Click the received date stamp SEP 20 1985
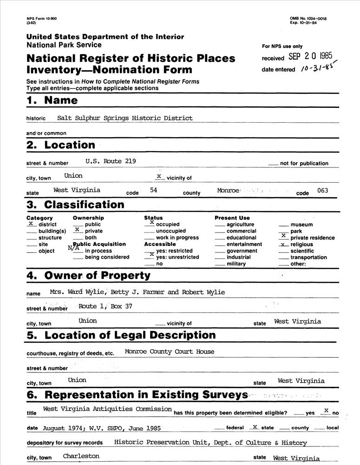(310, 57)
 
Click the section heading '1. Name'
(52, 100)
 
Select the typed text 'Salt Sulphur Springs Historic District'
(124, 118)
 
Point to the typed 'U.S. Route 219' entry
(111, 161)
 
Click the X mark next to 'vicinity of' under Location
(158, 176)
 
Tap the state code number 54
(154, 190)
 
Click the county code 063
(322, 190)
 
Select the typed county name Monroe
(228, 191)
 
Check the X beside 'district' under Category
(31, 224)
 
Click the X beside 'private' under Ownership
(78, 230)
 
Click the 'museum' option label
(301, 225)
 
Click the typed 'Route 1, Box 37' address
(105, 306)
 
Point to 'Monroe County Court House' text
(170, 352)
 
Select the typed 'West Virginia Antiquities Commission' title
(107, 409)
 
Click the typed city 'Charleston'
(81, 456)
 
